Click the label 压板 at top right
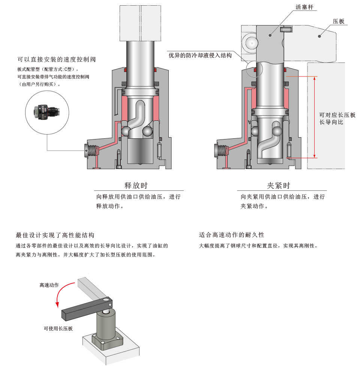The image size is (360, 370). point(338,21)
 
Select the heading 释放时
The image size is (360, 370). point(138,186)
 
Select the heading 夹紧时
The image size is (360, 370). point(278,186)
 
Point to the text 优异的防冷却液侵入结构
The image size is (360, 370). point(200,55)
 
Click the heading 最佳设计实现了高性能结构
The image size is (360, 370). point(55,235)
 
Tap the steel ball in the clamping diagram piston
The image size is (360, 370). point(277,131)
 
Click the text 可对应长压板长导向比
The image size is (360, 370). point(337,119)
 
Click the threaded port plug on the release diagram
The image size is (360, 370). point(91,151)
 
